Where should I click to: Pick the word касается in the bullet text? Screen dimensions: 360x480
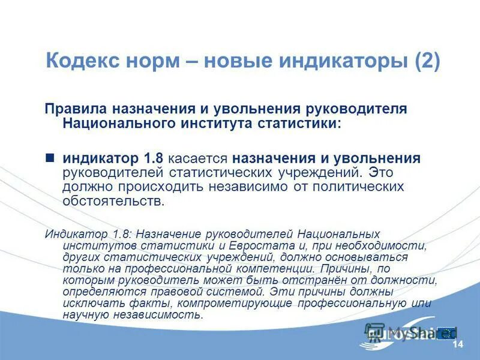coord(198,159)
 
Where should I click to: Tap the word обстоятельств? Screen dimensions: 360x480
coord(112,202)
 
